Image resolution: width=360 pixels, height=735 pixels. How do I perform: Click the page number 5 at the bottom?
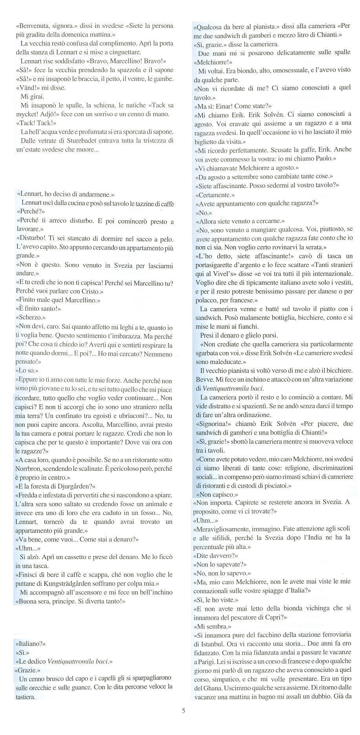(183, 721)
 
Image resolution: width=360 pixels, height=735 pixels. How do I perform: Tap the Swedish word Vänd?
(27, 88)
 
